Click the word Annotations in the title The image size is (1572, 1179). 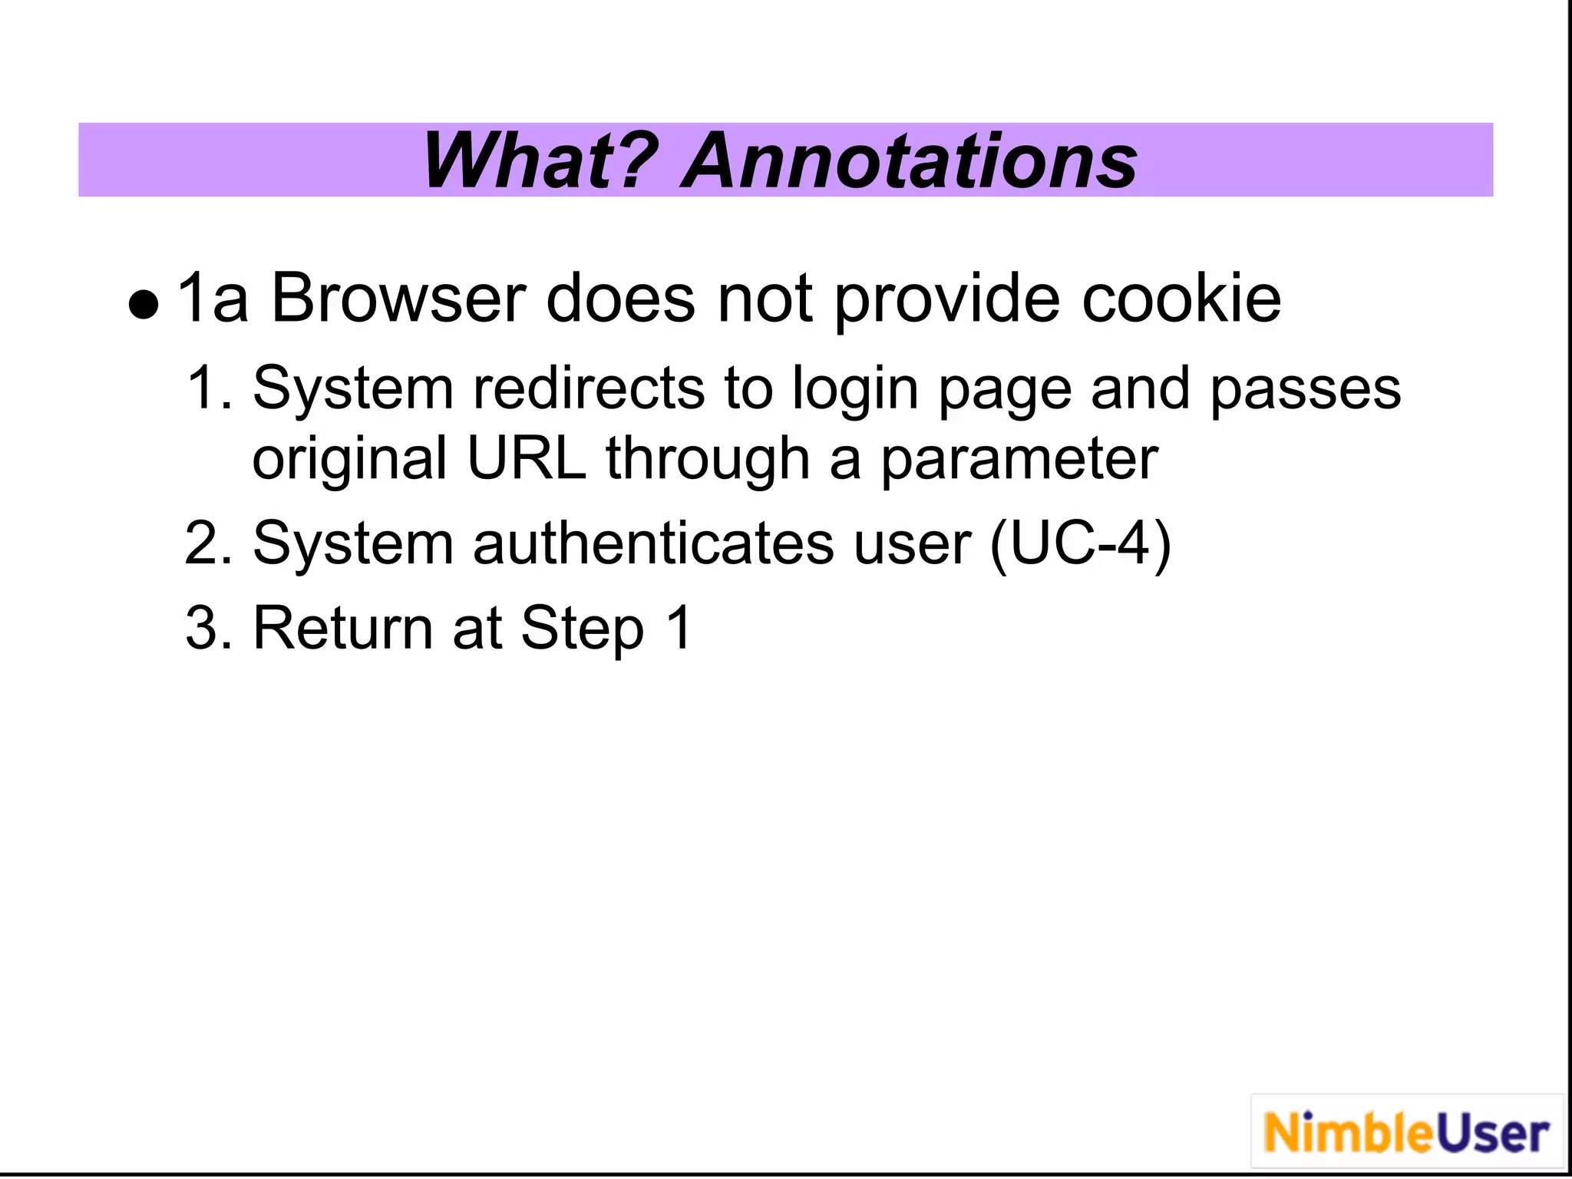click(x=910, y=160)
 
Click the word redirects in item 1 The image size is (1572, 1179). click(x=589, y=388)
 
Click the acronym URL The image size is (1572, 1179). click(x=527, y=458)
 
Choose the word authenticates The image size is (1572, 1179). click(x=653, y=543)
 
